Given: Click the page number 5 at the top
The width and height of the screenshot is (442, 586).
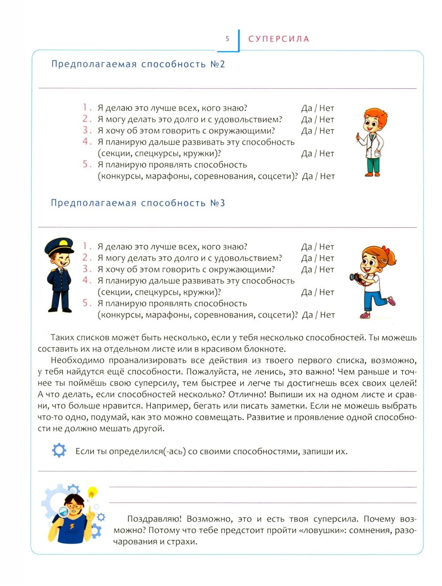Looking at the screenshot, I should [227, 39].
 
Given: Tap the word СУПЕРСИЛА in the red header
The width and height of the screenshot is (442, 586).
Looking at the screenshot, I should [278, 39].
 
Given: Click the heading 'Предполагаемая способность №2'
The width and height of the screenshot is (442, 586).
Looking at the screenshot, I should [138, 64].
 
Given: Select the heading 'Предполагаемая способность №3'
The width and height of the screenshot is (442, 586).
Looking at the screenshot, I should [138, 203].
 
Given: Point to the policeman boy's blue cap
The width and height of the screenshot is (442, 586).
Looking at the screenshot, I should [60, 244].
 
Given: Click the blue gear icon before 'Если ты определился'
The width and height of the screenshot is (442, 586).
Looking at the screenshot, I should [59, 450].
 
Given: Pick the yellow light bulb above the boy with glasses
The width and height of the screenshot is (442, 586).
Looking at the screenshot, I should [92, 491].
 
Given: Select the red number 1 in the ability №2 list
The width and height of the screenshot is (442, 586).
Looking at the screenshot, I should [86, 107].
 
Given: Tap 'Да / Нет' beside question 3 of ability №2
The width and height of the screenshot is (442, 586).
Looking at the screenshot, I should [318, 131].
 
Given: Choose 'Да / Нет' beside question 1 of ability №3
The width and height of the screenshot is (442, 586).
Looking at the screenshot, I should [318, 247].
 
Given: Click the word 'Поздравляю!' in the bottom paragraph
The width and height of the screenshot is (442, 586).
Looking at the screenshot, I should [152, 519].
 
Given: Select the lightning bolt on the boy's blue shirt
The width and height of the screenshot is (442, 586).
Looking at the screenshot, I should [72, 528].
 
